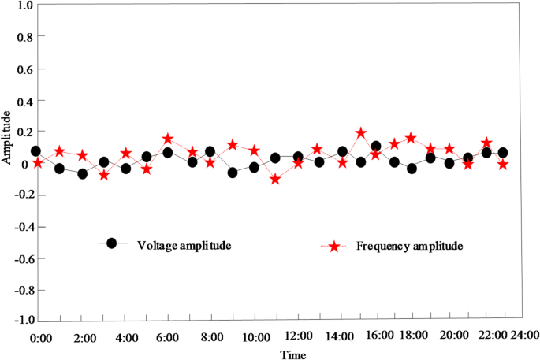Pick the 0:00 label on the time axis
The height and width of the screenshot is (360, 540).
coord(40,336)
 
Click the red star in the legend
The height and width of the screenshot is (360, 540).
coord(334,247)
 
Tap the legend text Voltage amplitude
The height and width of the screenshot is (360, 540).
coord(183,244)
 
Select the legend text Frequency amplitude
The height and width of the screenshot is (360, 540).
coord(408,245)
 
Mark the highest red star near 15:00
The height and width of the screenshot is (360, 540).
coord(361,133)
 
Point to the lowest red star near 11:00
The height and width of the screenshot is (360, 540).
coord(275,180)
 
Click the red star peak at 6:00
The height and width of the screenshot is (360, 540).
coord(168,139)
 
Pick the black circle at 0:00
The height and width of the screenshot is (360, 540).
coord(35,151)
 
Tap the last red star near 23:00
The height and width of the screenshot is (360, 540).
coord(502,165)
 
